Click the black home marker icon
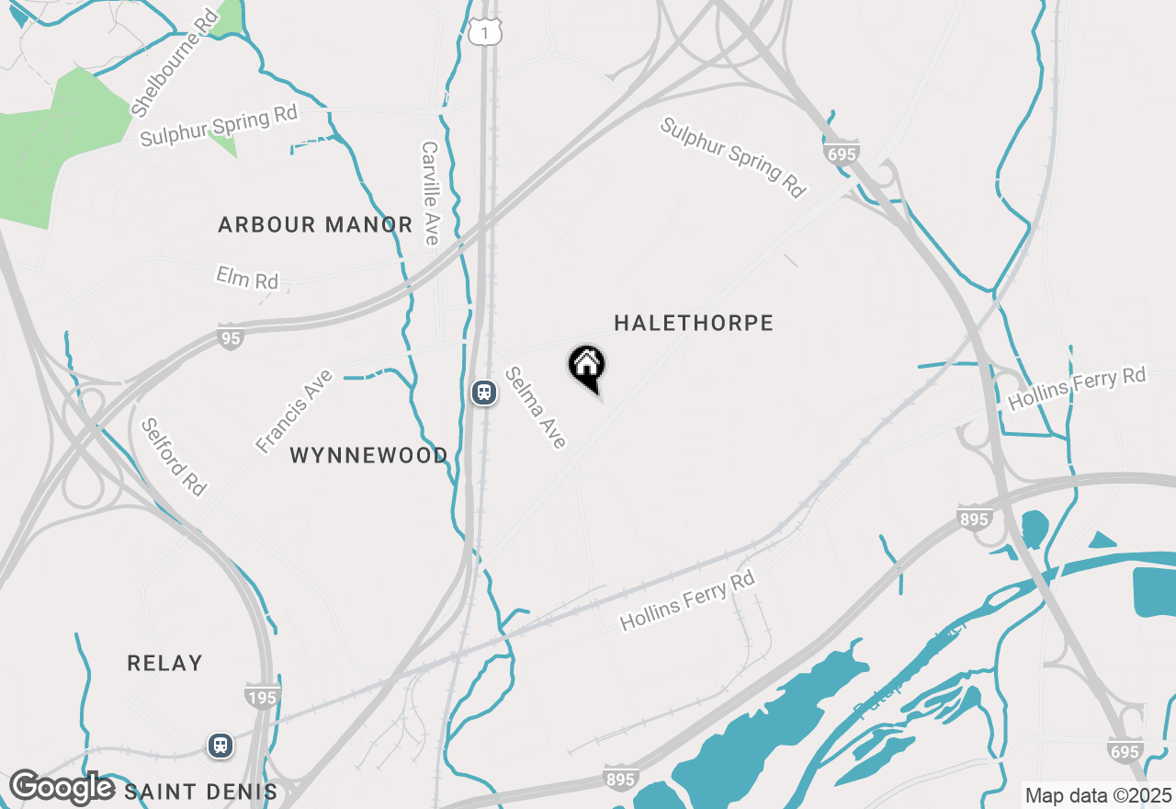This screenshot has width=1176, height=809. pos(586,366)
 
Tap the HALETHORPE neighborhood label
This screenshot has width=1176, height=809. pos(694,323)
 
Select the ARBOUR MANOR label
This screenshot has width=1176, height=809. pos(315,224)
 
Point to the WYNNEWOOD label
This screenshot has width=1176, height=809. pos(369,455)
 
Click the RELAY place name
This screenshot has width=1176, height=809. pos(164,663)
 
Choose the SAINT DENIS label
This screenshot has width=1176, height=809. pos(200,792)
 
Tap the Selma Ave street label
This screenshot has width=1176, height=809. pos(535,408)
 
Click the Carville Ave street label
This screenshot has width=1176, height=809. pos(430,193)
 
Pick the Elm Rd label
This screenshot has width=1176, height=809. pos(247,277)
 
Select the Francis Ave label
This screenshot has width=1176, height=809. pos(294,410)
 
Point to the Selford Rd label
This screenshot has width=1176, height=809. pos(174,457)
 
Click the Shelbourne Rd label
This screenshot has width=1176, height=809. pos(174,63)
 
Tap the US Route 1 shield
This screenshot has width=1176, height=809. pos(484,33)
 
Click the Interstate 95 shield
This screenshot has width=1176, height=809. pos(232,338)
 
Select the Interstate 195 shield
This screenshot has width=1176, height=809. pos(262,697)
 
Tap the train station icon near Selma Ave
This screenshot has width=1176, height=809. pos(483,393)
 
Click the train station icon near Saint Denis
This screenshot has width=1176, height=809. pos(220,745)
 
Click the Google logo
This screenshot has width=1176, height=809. pos(62,788)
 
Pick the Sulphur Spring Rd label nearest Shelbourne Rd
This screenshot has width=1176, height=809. pos(220,127)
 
